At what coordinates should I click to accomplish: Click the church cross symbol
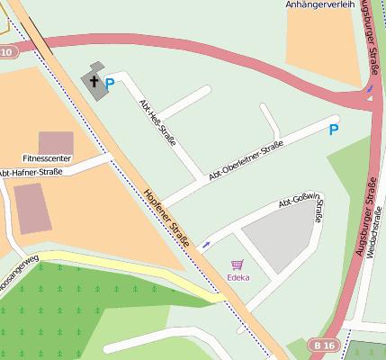point(94,81)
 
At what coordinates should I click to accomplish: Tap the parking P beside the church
point(110,85)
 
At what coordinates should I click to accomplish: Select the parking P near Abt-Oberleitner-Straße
point(334,130)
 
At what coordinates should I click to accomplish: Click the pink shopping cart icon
point(238,265)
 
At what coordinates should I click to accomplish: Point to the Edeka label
point(238,277)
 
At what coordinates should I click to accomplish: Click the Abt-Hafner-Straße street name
point(30,172)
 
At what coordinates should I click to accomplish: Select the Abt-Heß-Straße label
point(156,117)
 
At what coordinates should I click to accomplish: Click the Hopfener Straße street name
point(166,217)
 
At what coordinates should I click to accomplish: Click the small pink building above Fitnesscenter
point(56,142)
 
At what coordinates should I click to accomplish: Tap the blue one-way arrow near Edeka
point(207,244)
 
